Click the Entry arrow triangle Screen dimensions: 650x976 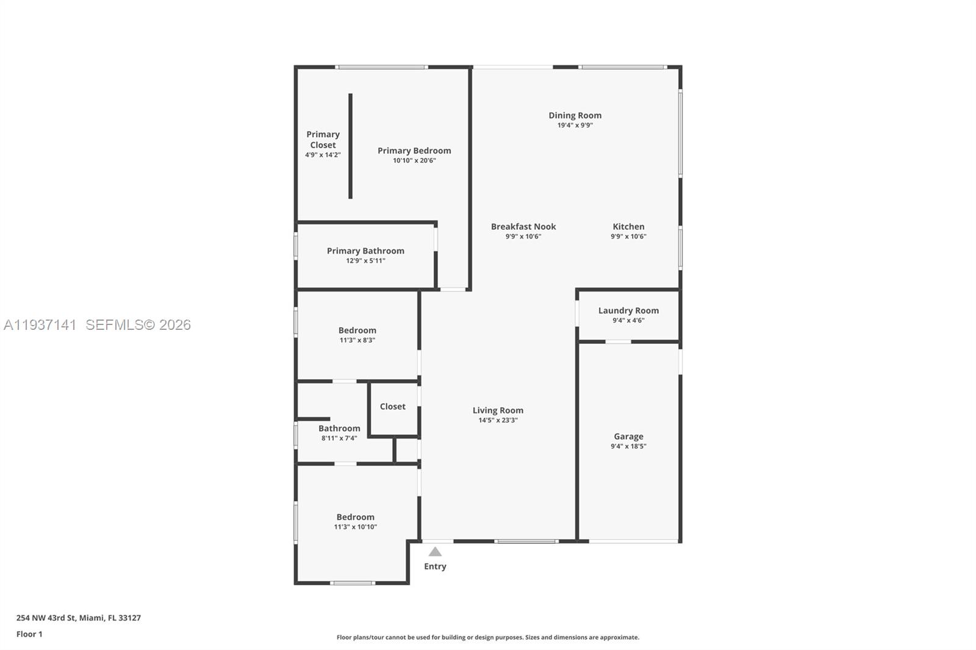click(x=435, y=552)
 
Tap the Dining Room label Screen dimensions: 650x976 click(x=575, y=115)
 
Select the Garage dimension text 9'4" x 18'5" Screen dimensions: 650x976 click(x=628, y=446)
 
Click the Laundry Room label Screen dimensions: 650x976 click(x=628, y=310)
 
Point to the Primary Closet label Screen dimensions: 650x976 click(x=323, y=140)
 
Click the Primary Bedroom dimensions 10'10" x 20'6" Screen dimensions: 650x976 click(x=414, y=161)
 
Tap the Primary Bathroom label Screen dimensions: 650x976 click(x=365, y=251)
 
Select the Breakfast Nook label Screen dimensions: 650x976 click(x=523, y=226)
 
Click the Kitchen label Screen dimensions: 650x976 click(x=628, y=226)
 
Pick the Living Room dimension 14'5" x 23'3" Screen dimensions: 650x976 click(x=498, y=420)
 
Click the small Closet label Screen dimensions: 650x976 click(x=392, y=406)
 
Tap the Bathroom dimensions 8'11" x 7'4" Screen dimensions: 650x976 click(x=339, y=438)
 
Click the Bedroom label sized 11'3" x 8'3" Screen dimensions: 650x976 click(x=357, y=330)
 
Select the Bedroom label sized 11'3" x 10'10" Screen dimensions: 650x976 click(x=355, y=516)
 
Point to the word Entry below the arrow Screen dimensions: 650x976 click(x=435, y=566)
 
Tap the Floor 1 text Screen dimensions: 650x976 click(x=29, y=634)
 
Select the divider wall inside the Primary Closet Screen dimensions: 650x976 click(x=350, y=146)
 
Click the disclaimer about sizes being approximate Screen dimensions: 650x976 click(x=488, y=637)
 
